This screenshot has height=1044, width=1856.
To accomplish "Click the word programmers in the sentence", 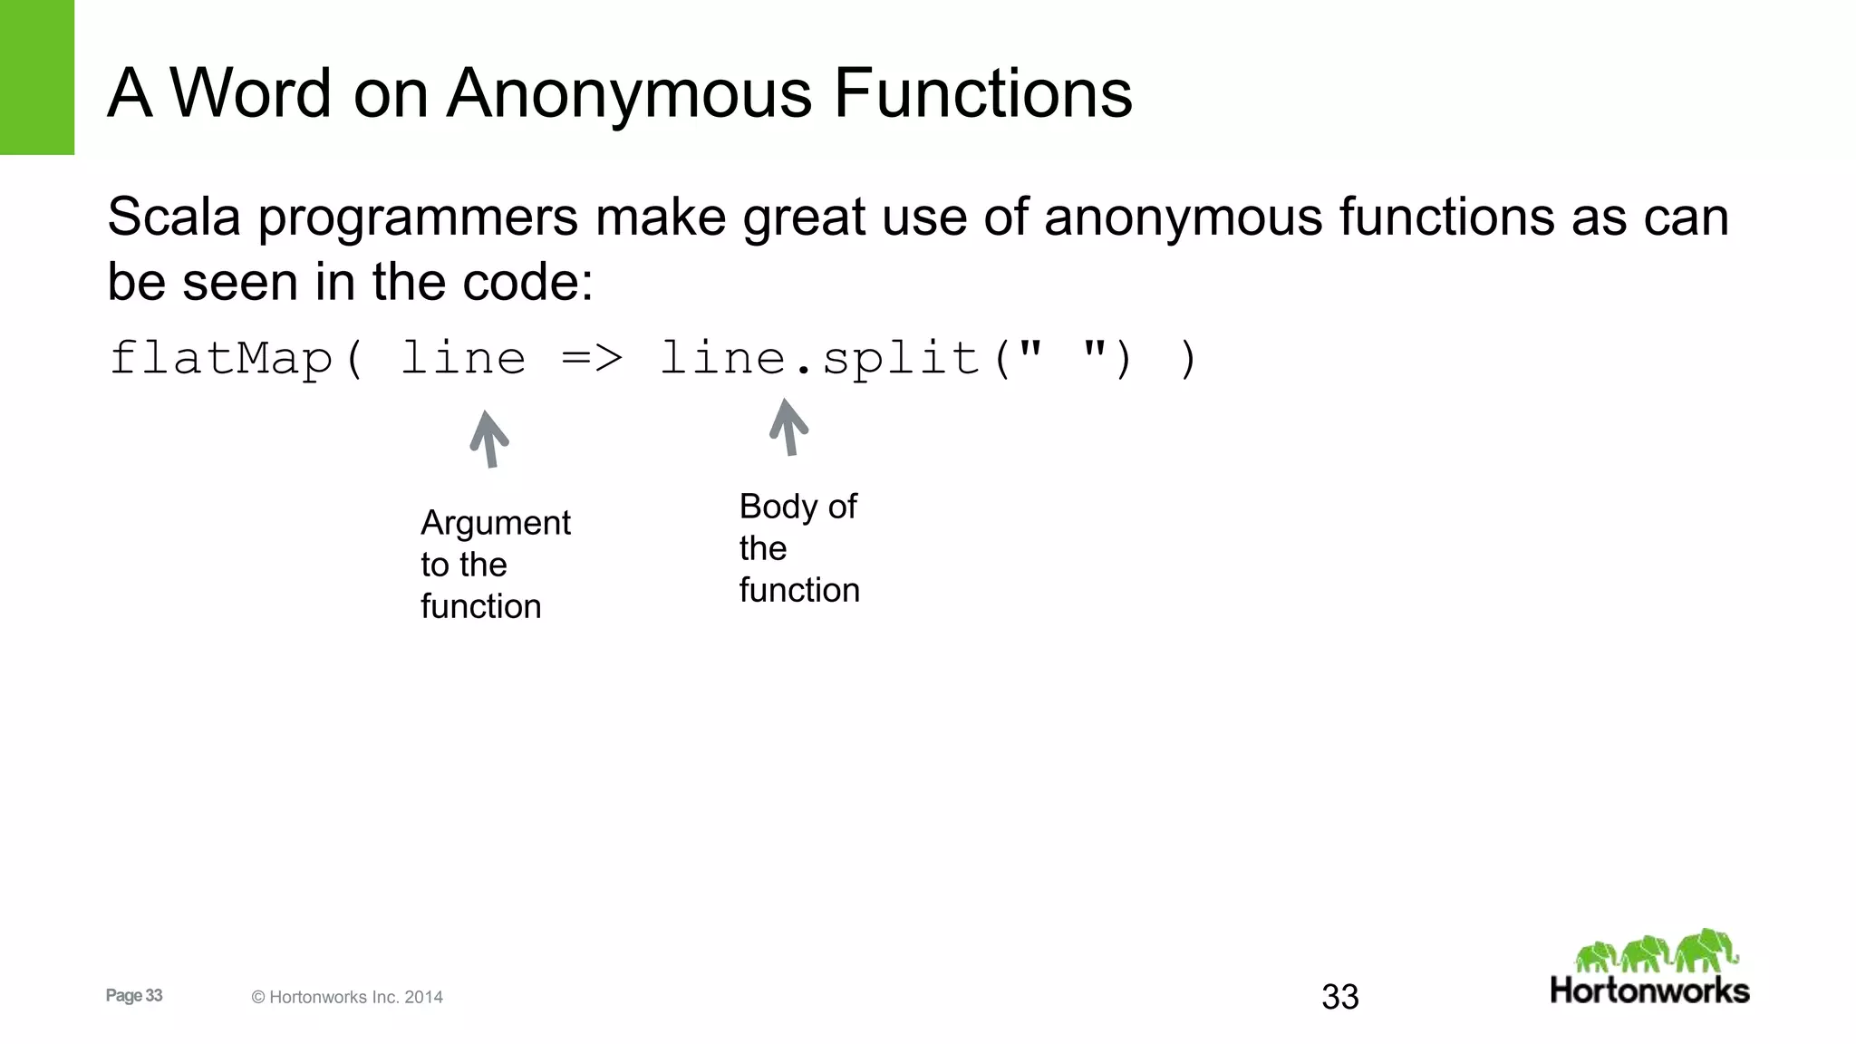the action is [418, 219].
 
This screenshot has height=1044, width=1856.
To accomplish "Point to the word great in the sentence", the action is [804, 219].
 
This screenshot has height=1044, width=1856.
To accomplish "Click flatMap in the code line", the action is [221, 358].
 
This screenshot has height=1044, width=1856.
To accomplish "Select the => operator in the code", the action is [592, 358].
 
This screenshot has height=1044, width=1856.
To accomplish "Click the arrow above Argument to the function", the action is [489, 439].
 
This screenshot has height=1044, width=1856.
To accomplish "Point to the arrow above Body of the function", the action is [788, 427].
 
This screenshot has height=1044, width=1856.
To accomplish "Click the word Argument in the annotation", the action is [496, 524].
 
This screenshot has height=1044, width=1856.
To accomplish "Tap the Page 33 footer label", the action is [134, 995].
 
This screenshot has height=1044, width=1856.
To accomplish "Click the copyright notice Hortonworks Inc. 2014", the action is [347, 997].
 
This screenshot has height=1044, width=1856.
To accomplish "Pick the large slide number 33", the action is [1340, 997].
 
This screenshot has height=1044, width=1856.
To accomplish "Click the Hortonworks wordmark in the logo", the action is [1649, 991].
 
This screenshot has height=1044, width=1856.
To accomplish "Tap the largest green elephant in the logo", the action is [1706, 950].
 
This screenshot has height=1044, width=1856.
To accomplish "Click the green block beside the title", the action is [36, 77].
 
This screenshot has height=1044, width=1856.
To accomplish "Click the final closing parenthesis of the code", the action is [1188, 358].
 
